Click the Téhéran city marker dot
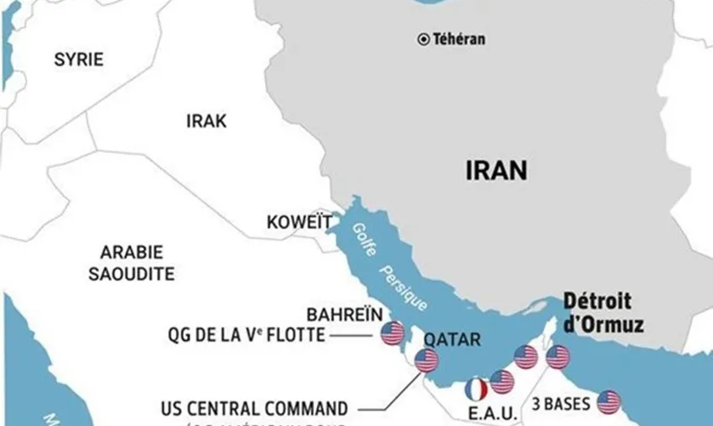tap(423, 39)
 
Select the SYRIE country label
tap(78, 60)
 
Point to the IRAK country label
tap(206, 122)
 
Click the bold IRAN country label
tap(496, 169)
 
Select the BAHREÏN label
tap(345, 314)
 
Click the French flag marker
tap(477, 389)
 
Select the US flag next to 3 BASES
tap(608, 401)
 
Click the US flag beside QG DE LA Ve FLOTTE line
tap(392, 333)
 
